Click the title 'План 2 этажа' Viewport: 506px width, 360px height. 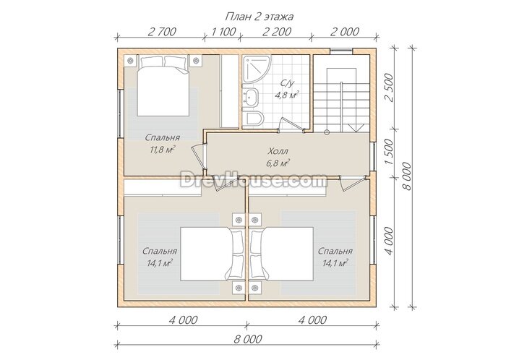tap(259, 17)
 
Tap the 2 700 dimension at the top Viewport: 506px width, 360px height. tap(162, 32)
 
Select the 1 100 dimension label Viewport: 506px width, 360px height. tap(223, 32)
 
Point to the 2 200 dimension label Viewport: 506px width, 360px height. tap(277, 32)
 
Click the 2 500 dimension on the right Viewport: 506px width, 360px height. tap(390, 87)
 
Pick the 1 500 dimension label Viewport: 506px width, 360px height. tap(390, 152)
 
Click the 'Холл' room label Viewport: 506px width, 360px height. tap(278, 151)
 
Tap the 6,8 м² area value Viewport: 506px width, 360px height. tap(278, 163)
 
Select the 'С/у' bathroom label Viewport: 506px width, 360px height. tap(287, 84)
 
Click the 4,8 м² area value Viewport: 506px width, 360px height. tap(286, 95)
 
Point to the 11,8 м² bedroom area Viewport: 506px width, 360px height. tap(163, 150)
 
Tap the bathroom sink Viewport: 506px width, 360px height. tap(250, 98)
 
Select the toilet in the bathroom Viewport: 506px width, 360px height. tap(252, 119)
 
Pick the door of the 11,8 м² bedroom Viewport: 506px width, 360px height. tap(198, 156)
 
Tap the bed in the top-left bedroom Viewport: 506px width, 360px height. tap(163, 86)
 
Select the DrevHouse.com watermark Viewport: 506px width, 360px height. tap(253, 179)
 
